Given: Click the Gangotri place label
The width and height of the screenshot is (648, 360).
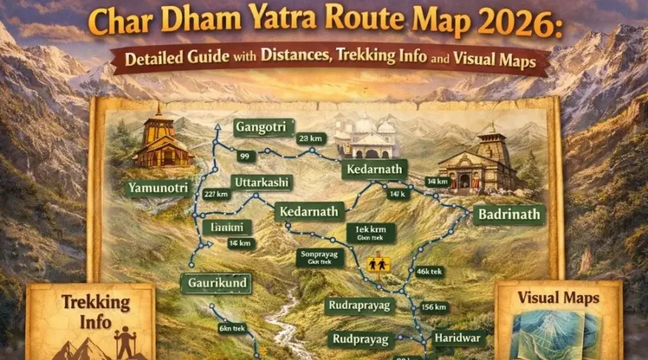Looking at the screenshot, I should point(261,127).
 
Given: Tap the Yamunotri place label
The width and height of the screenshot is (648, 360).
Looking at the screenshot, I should point(158,189).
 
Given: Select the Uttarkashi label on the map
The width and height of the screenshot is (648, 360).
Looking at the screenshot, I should point(260,183).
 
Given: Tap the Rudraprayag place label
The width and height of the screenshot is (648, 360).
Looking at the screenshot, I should point(359,305).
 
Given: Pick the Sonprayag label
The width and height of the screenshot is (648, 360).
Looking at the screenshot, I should point(318,258).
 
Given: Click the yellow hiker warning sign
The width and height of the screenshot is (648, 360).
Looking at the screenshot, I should point(378,264).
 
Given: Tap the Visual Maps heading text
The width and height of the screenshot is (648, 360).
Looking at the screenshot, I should point(559,297).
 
